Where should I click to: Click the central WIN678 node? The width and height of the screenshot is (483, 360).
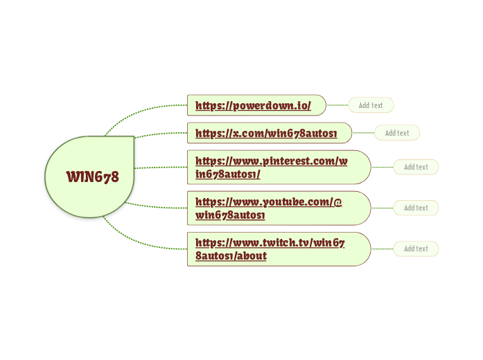coord(89,177)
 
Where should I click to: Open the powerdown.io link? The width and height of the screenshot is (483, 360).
coord(253,105)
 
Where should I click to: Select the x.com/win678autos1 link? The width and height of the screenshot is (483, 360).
coord(266,133)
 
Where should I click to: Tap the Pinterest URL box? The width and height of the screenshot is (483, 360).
coord(279,167)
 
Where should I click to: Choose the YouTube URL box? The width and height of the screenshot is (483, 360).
coord(279,208)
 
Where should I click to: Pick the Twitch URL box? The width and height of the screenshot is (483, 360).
coord(279,249)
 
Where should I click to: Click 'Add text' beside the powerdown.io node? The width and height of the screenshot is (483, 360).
coord(371,105)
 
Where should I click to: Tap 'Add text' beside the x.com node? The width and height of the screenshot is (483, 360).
coord(397,133)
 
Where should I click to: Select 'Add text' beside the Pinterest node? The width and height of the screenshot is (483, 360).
coord(416,167)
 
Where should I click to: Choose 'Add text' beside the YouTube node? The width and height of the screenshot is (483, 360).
coord(416,208)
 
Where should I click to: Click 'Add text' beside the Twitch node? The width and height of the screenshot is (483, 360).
coord(416,249)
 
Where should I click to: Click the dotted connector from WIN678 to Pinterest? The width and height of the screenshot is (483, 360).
coord(161,168)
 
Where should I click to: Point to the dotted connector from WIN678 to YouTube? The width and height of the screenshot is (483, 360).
coord(155,207)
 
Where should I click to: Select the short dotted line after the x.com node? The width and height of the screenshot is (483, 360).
coord(363,133)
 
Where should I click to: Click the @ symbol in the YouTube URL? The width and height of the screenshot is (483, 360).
coord(337,202)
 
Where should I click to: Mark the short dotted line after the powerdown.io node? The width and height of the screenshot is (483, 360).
coord(337,105)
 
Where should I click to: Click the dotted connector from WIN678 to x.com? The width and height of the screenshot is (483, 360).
coord(161,134)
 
